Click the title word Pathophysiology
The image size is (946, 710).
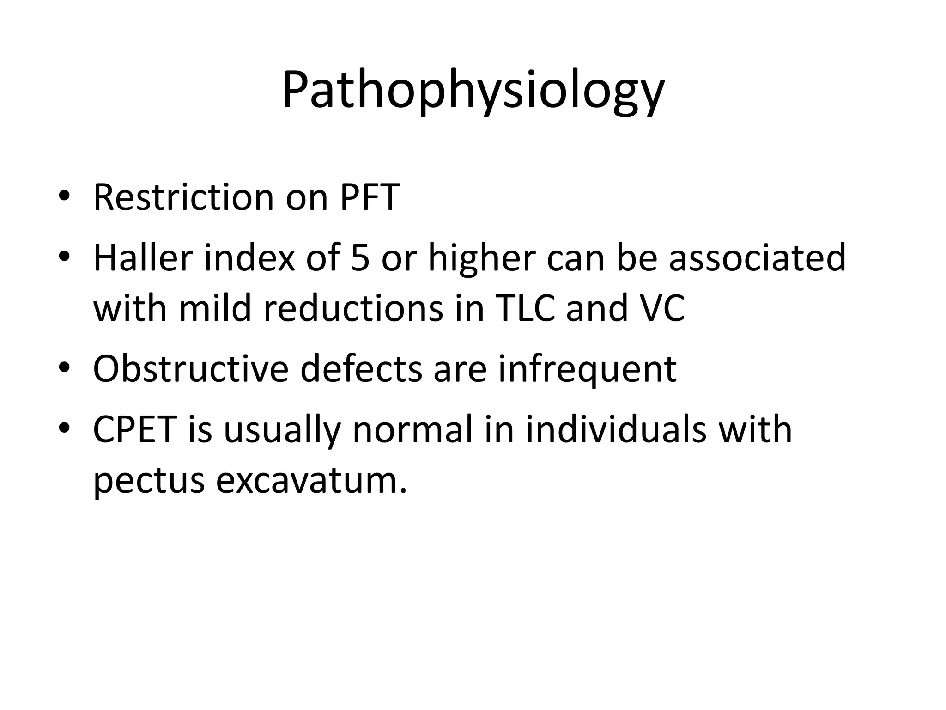click(x=473, y=91)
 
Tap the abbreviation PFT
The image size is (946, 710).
click(x=369, y=197)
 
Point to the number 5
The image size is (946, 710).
click(x=360, y=257)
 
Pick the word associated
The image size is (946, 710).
click(x=757, y=257)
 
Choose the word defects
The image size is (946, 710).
click(x=361, y=369)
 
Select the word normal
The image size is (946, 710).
click(x=413, y=429)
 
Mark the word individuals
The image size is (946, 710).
click(x=616, y=429)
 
